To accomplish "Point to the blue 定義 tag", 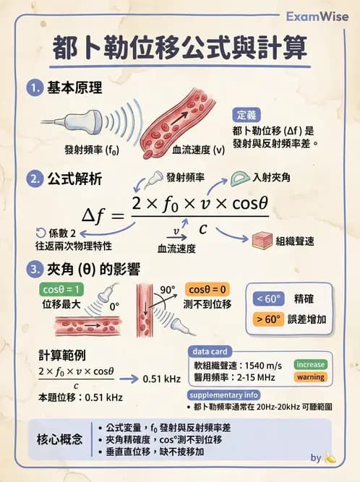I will (x=250, y=115).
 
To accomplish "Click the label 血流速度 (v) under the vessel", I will (x=198, y=151).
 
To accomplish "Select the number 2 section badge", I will (x=33, y=178).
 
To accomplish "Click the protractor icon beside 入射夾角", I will (x=240, y=178).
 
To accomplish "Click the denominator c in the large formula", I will (x=204, y=228).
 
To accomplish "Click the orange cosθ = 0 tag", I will (x=208, y=289).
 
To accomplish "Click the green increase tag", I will (x=309, y=364).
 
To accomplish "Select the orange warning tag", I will (x=309, y=377).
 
